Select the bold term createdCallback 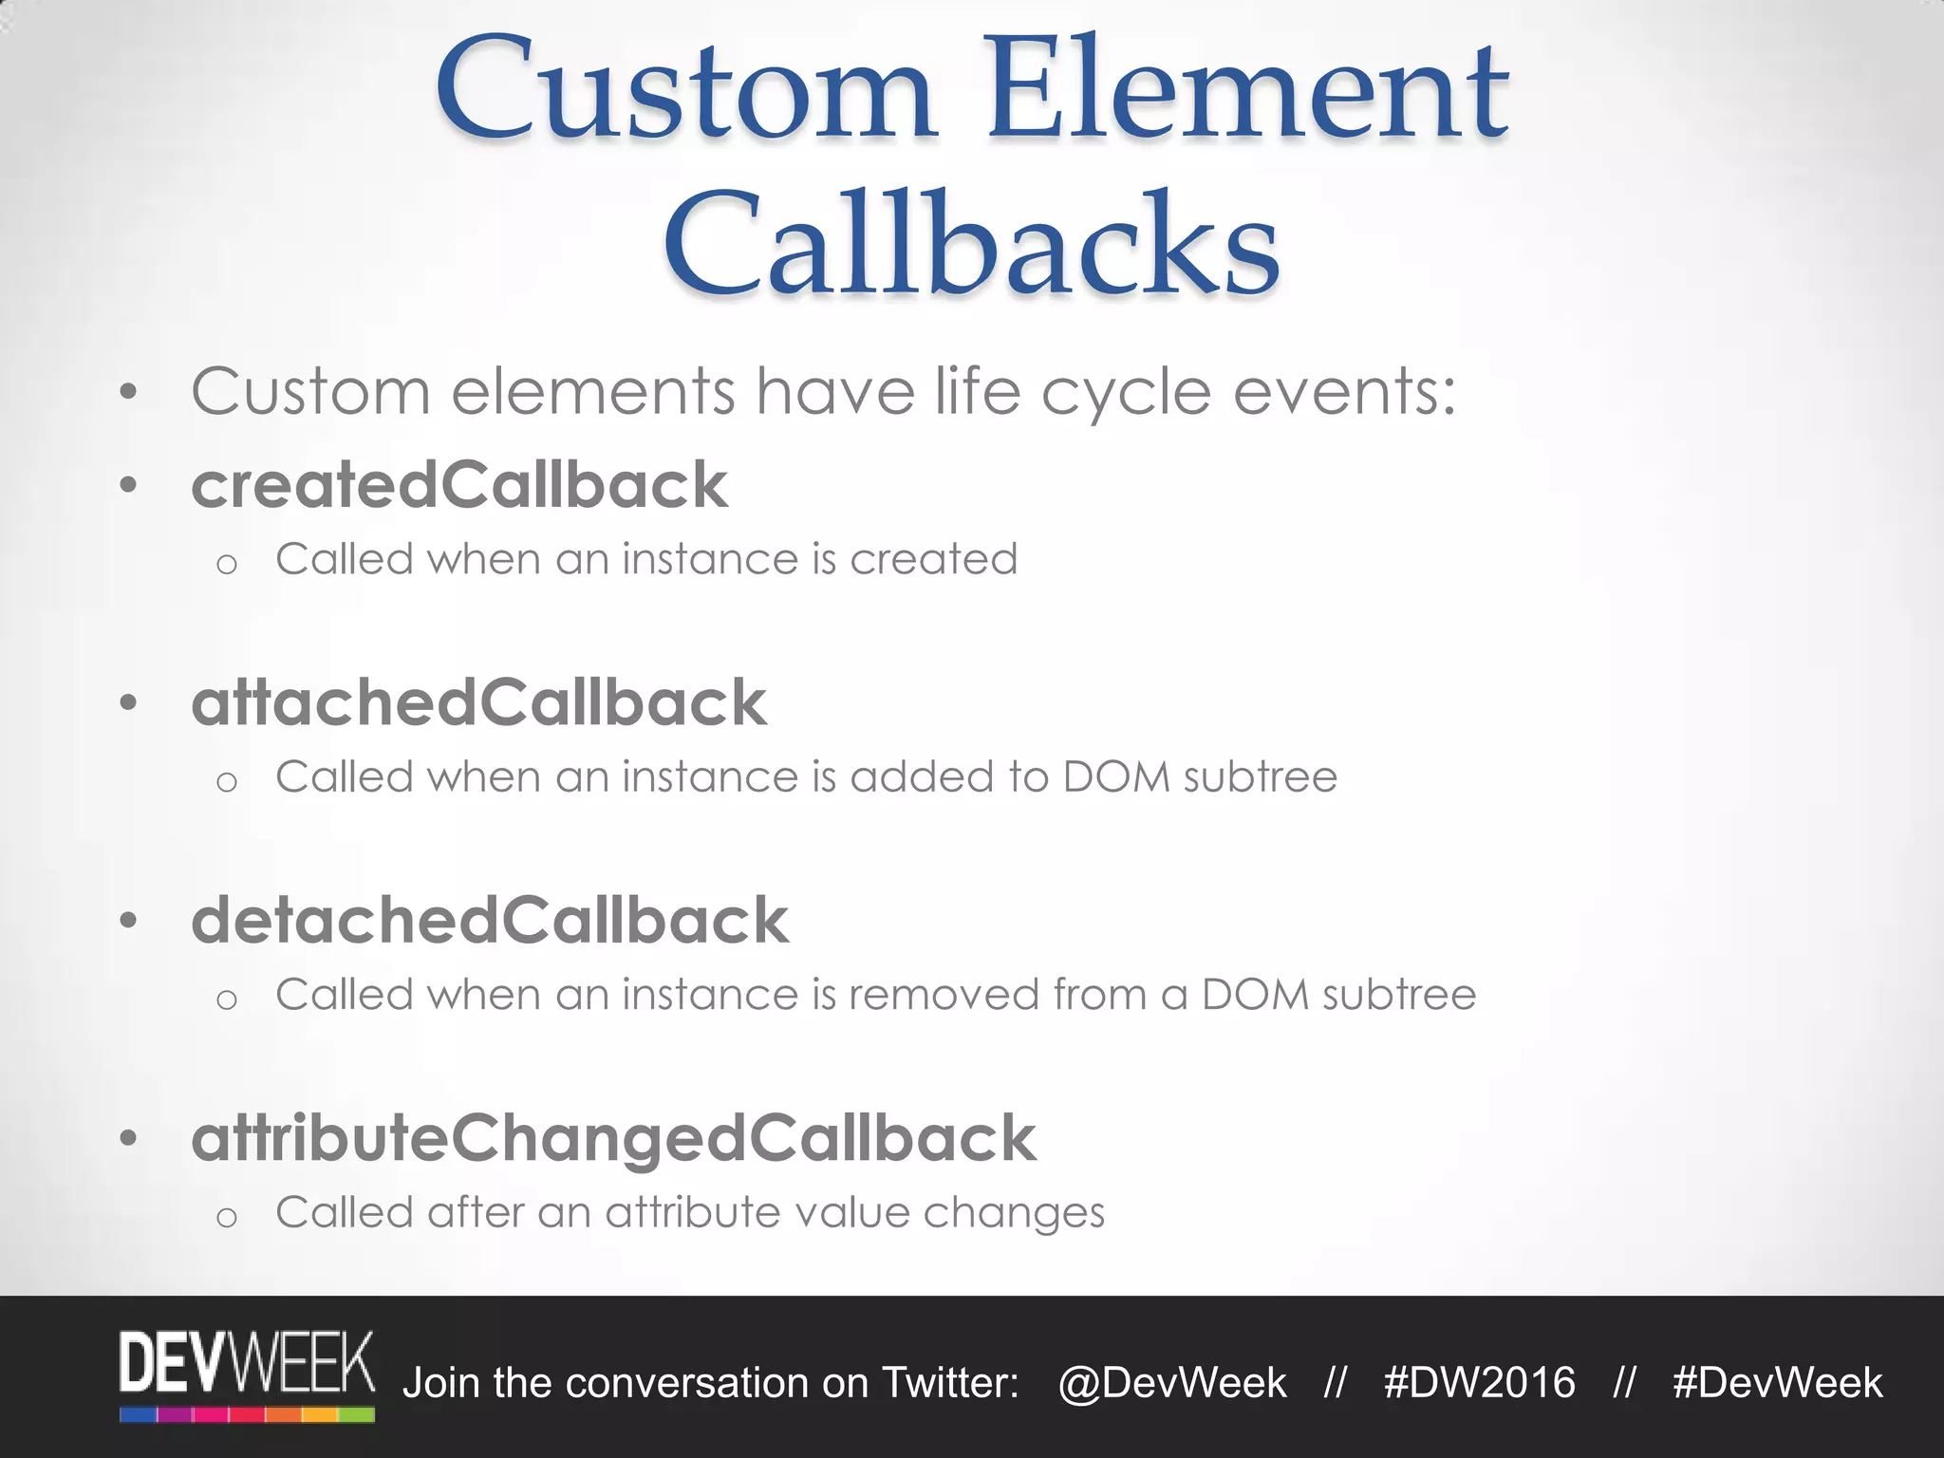[459, 485]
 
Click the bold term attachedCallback [479, 702]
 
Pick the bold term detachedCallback [490, 920]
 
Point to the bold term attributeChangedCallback [613, 1138]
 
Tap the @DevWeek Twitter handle [1172, 1383]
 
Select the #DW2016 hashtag [1479, 1383]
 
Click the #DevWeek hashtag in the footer [1777, 1383]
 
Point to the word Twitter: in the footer [950, 1383]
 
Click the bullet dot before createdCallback [129, 486]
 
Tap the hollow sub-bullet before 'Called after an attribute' [226, 1217]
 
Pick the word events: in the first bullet [1344, 391]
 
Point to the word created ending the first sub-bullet [933, 559]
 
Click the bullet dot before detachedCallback [129, 921]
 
